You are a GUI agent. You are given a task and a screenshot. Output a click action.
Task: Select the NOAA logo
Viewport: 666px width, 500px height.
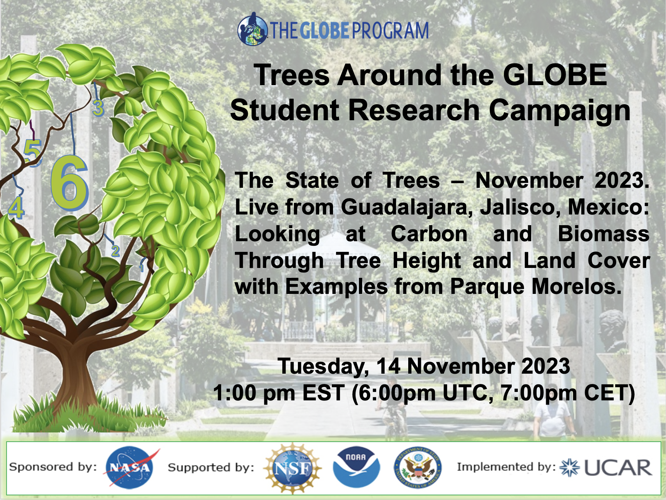356,467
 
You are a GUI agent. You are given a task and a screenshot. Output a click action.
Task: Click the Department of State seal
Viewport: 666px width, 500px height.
417,467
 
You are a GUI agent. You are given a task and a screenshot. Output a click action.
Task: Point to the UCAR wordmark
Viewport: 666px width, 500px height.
618,468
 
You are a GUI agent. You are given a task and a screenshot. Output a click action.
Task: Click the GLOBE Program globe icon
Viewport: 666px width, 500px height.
252,29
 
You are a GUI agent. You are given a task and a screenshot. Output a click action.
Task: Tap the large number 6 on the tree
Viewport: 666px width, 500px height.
70,183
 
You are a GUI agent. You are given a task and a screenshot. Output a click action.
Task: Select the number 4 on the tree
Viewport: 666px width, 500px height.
16,208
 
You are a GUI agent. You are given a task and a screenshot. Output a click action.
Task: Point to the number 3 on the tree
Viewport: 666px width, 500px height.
98,108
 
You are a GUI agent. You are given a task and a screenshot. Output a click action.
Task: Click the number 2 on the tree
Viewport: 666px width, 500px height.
115,251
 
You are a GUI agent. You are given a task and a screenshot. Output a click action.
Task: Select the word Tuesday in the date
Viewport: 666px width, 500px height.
323,366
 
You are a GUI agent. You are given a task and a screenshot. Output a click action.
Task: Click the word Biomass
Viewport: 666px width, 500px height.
603,234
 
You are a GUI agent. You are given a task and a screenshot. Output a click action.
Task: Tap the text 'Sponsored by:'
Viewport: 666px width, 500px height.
53,467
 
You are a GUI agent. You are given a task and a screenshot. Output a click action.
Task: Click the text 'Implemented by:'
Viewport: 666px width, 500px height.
506,467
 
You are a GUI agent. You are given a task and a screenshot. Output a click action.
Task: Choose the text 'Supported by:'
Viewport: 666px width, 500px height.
211,468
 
